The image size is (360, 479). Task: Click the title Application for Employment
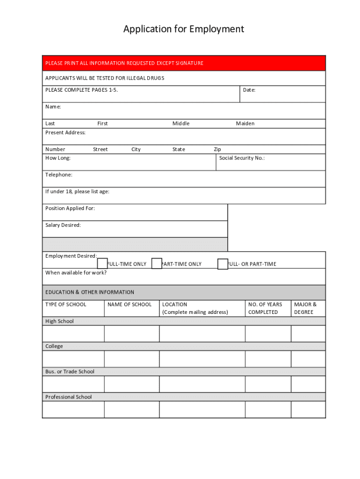184,29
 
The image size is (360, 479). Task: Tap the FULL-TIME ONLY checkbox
102,264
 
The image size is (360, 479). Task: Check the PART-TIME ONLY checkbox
157,264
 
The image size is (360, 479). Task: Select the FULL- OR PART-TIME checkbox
223,264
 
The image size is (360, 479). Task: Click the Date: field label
249,90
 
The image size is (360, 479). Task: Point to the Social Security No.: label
242,158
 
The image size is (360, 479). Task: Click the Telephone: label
59,175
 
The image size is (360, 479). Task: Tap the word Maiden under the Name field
245,123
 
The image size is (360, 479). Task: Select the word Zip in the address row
217,150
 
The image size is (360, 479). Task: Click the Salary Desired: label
63,225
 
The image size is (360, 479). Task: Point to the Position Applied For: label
70,209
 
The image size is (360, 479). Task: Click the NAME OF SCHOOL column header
130,305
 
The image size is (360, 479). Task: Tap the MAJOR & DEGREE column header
305,308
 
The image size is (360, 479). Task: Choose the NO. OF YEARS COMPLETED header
265,308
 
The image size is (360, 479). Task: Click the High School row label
59,321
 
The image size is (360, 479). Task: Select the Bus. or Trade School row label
70,372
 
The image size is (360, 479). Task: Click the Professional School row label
69,397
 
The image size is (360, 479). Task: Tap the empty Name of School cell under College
131,359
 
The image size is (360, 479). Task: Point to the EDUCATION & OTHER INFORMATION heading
90,292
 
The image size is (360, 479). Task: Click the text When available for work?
76,273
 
